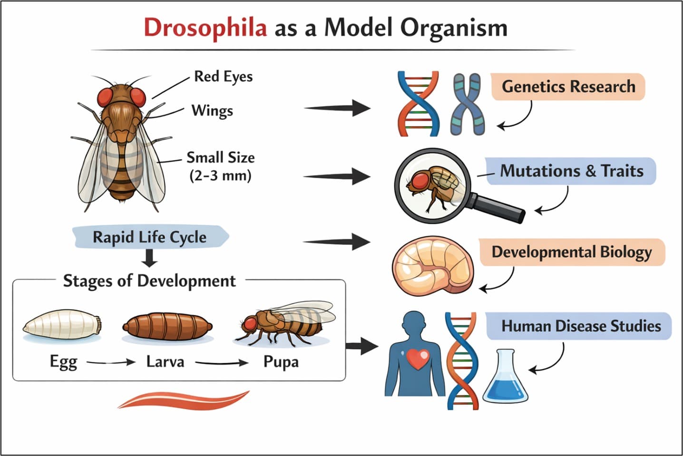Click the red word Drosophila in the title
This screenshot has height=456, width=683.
click(205, 27)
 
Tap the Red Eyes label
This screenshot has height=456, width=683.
click(223, 77)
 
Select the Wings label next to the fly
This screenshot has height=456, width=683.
click(212, 110)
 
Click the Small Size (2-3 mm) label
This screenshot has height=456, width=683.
click(220, 166)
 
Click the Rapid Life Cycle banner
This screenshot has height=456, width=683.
click(149, 237)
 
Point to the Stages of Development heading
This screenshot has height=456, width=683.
click(149, 281)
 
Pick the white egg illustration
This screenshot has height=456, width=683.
click(62, 326)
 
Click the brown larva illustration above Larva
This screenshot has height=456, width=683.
click(167, 326)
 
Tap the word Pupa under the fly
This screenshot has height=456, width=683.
click(281, 362)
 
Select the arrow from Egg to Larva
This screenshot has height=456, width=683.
click(111, 362)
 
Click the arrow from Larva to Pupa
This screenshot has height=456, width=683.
click(222, 363)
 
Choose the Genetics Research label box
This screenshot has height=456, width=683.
click(568, 87)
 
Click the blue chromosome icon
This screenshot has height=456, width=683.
click(468, 105)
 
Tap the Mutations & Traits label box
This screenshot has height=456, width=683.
click(571, 171)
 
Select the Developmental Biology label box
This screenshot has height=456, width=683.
click(571, 252)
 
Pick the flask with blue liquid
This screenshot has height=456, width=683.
click(506, 378)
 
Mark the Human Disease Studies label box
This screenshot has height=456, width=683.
click(580, 326)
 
